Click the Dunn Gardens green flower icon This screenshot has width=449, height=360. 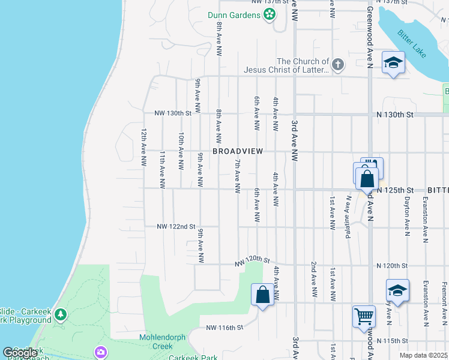pyautogui.click(x=270, y=14)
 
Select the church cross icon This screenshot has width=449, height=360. pyautogui.click(x=337, y=65)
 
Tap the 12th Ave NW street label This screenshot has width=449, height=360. pyautogui.click(x=144, y=147)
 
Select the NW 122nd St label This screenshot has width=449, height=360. pyautogui.click(x=176, y=227)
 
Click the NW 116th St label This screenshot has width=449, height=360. pyautogui.click(x=224, y=328)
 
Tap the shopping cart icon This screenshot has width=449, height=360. pyautogui.click(x=364, y=315)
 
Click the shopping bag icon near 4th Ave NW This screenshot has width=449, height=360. pyautogui.click(x=262, y=295)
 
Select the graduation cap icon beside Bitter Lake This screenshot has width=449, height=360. pyautogui.click(x=393, y=63)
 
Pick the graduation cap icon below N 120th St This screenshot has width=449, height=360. pyautogui.click(x=397, y=290)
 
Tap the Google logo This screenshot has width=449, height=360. pyautogui.click(x=20, y=353)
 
